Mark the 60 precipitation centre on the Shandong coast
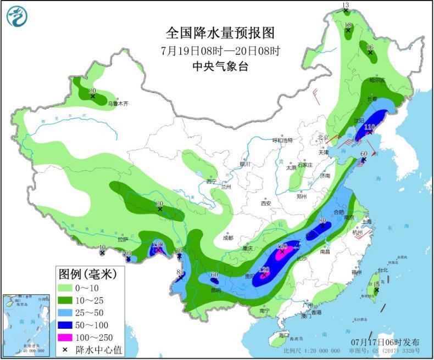pyautogui.click(x=363, y=160)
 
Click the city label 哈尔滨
pyautogui.click(x=377, y=80)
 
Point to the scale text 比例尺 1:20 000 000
pyautogui.click(x=311, y=350)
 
